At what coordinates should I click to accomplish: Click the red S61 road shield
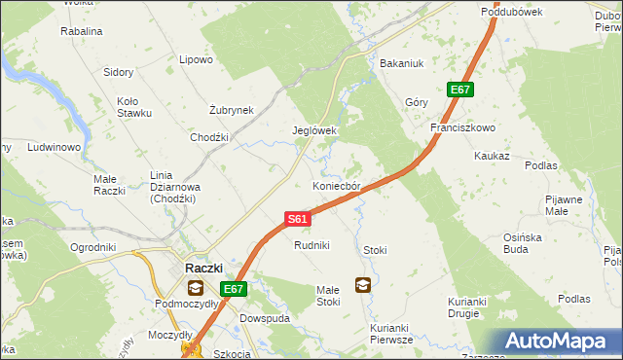[x=298, y=220]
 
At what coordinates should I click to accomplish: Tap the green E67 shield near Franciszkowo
[x=460, y=90]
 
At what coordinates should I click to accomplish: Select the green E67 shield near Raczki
[x=233, y=289]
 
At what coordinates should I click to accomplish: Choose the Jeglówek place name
[x=314, y=130]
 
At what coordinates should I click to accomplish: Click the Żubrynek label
[x=232, y=110]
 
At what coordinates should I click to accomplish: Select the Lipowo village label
[x=196, y=59]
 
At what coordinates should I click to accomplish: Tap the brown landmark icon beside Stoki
[x=362, y=285]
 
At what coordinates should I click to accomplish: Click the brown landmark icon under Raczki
[x=196, y=287]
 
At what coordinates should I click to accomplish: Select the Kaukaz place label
[x=492, y=156]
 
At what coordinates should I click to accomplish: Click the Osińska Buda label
[x=530, y=242]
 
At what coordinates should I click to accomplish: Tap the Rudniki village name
[x=312, y=245]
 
